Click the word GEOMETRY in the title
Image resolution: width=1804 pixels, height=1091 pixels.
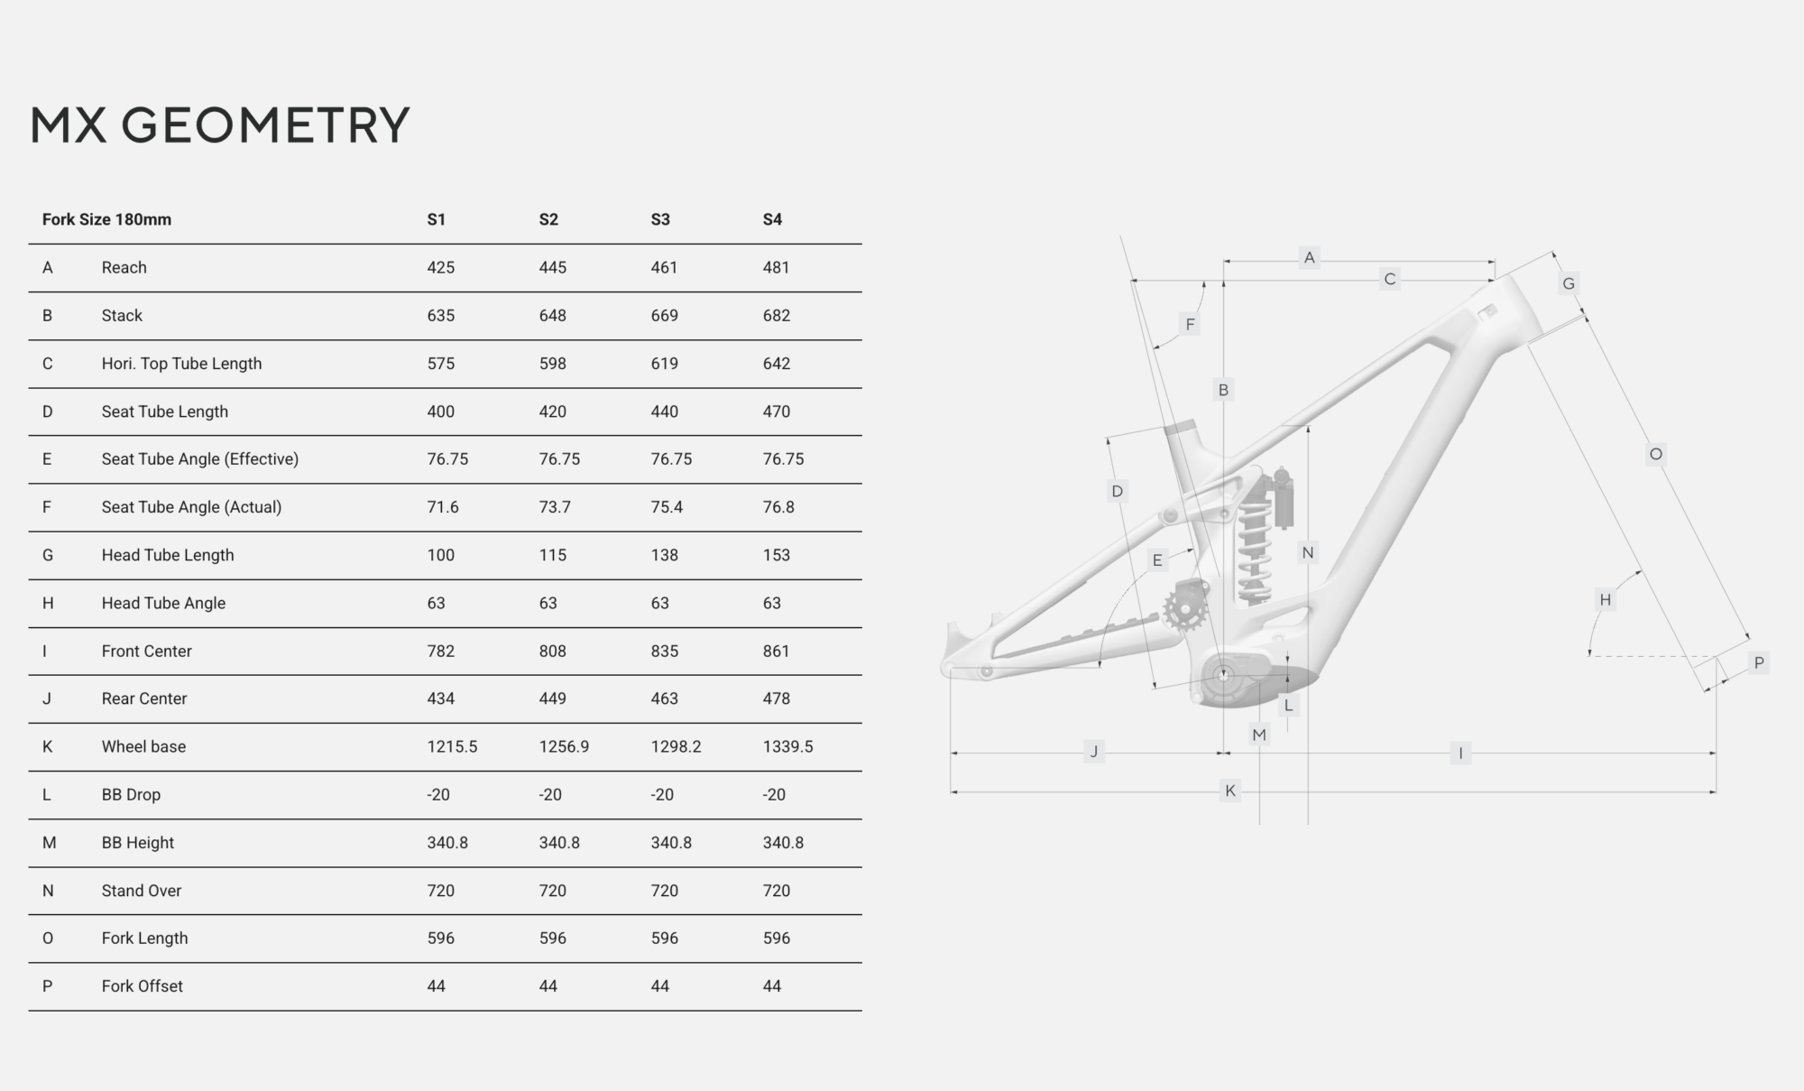tap(265, 125)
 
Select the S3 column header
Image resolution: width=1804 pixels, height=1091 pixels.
tap(660, 219)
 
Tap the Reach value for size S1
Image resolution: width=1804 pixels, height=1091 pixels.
tap(441, 267)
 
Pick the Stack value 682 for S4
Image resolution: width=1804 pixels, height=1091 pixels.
tap(777, 316)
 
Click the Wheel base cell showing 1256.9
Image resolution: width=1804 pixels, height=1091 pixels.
tap(564, 746)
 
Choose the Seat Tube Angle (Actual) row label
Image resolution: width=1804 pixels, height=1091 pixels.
tap(191, 507)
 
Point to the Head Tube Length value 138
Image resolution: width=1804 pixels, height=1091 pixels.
tap(665, 555)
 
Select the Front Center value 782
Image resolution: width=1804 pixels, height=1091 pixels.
tap(441, 651)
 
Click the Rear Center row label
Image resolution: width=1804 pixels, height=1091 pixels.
tap(144, 698)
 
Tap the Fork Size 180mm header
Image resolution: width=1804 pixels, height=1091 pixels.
tap(106, 219)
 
